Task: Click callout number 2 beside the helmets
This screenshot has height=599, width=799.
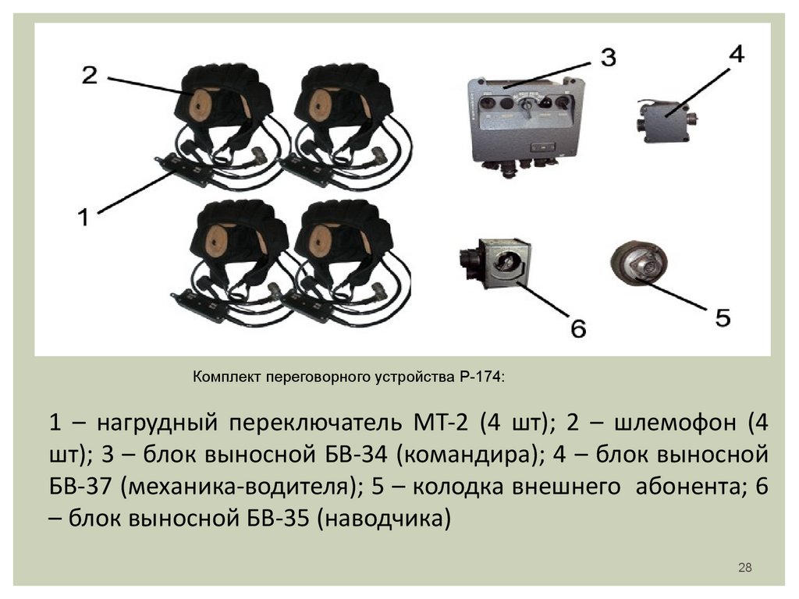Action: [90, 75]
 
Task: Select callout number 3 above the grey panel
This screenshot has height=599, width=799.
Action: [608, 57]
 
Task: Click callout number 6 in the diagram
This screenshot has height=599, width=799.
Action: [577, 328]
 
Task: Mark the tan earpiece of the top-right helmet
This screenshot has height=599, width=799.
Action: [321, 105]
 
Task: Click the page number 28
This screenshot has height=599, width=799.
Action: [744, 567]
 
